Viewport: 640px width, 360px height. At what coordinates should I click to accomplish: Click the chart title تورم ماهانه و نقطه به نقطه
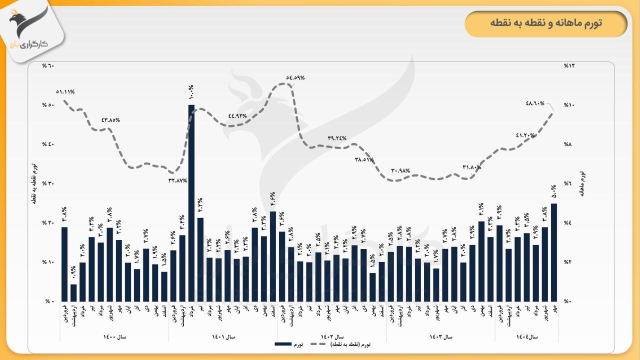pyautogui.click(x=546, y=23)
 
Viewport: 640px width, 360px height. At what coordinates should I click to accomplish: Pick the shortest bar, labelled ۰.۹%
pyautogui.click(x=73, y=292)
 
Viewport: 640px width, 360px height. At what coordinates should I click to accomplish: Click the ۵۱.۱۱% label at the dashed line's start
pyautogui.click(x=65, y=92)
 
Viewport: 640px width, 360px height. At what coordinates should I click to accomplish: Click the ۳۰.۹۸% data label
pyautogui.click(x=400, y=171)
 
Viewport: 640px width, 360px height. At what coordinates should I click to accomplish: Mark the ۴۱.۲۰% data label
pyautogui.click(x=525, y=135)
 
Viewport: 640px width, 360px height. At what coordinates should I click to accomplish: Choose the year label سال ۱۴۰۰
pyautogui.click(x=114, y=337)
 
